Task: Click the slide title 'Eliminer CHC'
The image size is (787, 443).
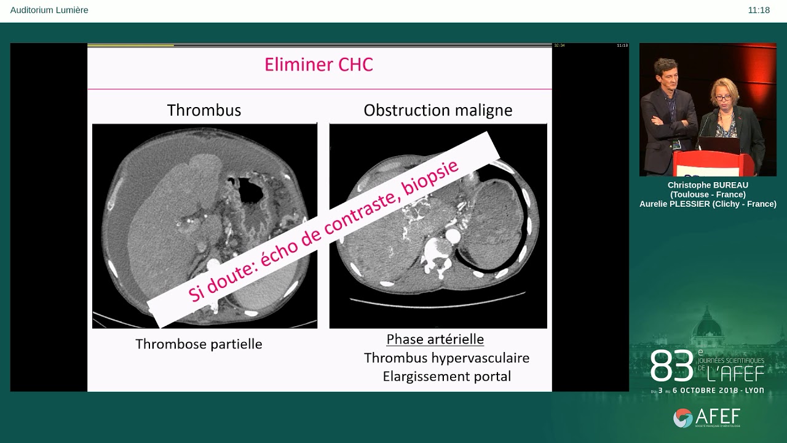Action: (318, 65)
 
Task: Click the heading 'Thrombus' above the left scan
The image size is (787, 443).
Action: (204, 110)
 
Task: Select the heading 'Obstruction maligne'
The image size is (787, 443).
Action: (438, 110)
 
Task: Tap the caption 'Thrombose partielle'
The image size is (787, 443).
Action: (199, 344)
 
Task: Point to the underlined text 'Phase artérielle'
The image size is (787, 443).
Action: (435, 339)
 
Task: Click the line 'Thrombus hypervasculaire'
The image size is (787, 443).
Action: (446, 357)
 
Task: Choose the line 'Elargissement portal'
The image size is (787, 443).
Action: (446, 376)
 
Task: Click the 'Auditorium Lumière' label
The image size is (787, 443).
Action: (49, 10)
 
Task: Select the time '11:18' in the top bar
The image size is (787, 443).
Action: (759, 10)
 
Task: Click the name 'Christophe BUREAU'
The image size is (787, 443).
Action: (708, 185)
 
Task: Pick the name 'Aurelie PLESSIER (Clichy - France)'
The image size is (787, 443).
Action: (708, 204)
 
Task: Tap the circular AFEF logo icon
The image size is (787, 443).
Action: (682, 418)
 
